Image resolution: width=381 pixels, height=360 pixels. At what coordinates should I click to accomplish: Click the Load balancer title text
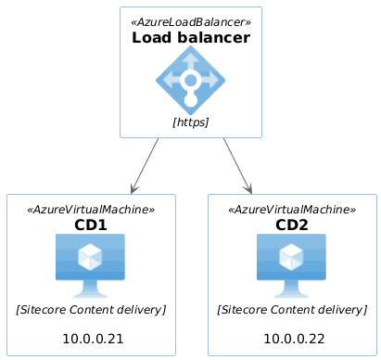point(191,38)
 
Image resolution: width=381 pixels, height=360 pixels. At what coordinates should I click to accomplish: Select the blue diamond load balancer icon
point(191,81)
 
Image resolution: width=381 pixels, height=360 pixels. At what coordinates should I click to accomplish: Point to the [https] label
point(191,122)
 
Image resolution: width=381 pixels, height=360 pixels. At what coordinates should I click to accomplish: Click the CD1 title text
point(91,225)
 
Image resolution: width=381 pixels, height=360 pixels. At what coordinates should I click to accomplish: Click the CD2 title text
point(292,225)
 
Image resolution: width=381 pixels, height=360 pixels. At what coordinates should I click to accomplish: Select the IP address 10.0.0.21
point(92,339)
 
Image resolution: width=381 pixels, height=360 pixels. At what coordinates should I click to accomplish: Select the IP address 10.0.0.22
point(293,339)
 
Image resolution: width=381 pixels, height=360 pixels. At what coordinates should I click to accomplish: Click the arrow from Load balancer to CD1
point(146,164)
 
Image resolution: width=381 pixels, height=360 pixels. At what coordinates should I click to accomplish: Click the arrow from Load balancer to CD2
point(236,164)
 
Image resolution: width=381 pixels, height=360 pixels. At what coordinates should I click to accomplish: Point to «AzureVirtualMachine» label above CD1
point(91,209)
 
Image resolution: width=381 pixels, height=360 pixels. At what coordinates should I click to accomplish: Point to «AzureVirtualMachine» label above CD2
point(292,209)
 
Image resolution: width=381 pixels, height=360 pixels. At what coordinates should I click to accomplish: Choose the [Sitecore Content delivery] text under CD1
point(91,309)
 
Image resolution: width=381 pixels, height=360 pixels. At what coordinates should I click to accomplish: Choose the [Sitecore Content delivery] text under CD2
point(292,309)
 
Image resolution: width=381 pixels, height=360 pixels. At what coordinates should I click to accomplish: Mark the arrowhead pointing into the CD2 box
point(248,188)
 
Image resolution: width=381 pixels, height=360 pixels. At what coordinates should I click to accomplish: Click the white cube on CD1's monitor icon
point(91,255)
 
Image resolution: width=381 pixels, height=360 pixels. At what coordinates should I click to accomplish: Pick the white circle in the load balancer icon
point(191,80)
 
